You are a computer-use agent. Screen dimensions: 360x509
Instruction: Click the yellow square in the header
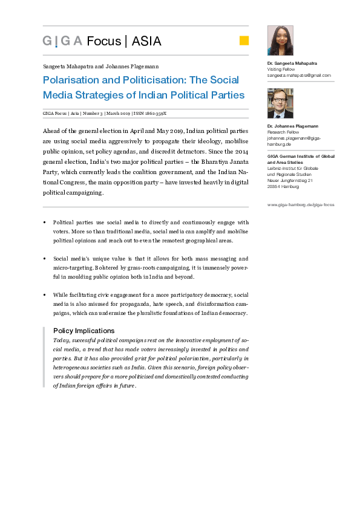(244, 41)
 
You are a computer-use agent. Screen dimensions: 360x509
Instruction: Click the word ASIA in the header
(146, 41)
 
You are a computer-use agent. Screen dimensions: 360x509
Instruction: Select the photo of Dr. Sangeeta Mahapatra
(280, 41)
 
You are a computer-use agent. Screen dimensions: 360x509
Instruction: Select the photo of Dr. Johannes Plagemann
(280, 103)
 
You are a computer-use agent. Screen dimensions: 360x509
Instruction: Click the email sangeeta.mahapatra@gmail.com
(299, 76)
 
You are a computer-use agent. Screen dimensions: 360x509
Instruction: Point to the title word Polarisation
(71, 80)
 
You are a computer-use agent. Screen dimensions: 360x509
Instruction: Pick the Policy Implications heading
(83, 331)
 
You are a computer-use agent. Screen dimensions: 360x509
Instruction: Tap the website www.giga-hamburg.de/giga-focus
(300, 204)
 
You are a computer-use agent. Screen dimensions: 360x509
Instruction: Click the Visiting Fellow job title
(281, 70)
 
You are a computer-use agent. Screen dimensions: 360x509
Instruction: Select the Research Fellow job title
(283, 132)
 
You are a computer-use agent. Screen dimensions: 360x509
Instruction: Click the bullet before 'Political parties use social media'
(45, 222)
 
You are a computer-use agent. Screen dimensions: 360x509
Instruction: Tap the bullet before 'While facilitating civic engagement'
(45, 294)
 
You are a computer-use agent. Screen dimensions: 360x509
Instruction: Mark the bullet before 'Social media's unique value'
(45, 258)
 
